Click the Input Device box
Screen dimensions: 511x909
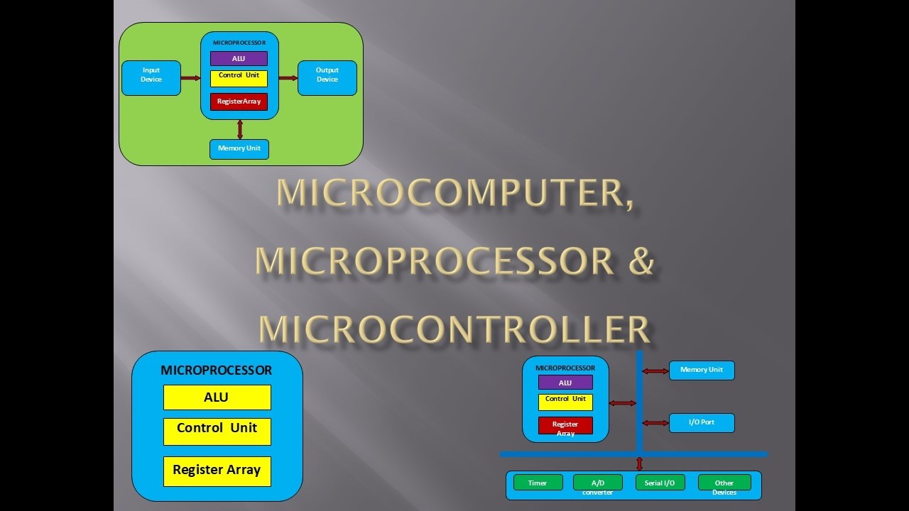point(151,77)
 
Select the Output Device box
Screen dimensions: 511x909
point(327,77)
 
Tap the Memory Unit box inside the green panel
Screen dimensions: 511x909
point(239,149)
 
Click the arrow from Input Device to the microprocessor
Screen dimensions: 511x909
point(191,78)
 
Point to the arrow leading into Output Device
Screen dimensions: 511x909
point(288,78)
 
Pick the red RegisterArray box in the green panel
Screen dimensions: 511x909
point(239,101)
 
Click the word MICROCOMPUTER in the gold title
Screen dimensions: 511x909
point(454,193)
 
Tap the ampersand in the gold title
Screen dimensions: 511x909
point(641,260)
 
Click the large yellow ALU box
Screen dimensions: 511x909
point(217,397)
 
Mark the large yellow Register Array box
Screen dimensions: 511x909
point(217,471)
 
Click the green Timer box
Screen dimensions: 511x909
point(538,483)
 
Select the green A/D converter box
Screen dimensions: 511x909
point(597,483)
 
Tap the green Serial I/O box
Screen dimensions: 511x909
point(660,483)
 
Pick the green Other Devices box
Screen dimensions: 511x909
point(724,483)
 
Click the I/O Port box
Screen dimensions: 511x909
point(702,423)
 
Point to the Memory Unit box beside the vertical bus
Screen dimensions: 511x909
point(702,370)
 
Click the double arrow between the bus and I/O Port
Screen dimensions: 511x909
point(655,423)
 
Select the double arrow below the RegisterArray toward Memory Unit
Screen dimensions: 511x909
point(240,129)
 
